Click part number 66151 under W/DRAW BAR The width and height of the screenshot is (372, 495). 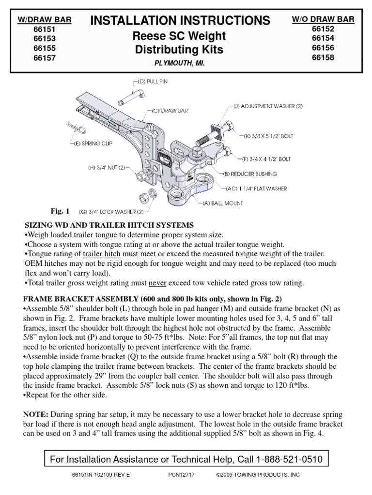pyautogui.click(x=44, y=29)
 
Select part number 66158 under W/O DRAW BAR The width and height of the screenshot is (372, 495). pyautogui.click(x=323, y=58)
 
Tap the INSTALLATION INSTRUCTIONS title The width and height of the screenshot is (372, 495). pyautogui.click(x=180, y=20)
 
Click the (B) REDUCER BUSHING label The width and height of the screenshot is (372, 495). pyautogui.click(x=255, y=173)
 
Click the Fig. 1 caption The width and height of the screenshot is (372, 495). pyautogui.click(x=61, y=211)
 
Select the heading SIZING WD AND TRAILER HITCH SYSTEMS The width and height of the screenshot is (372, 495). pyautogui.click(x=109, y=225)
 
